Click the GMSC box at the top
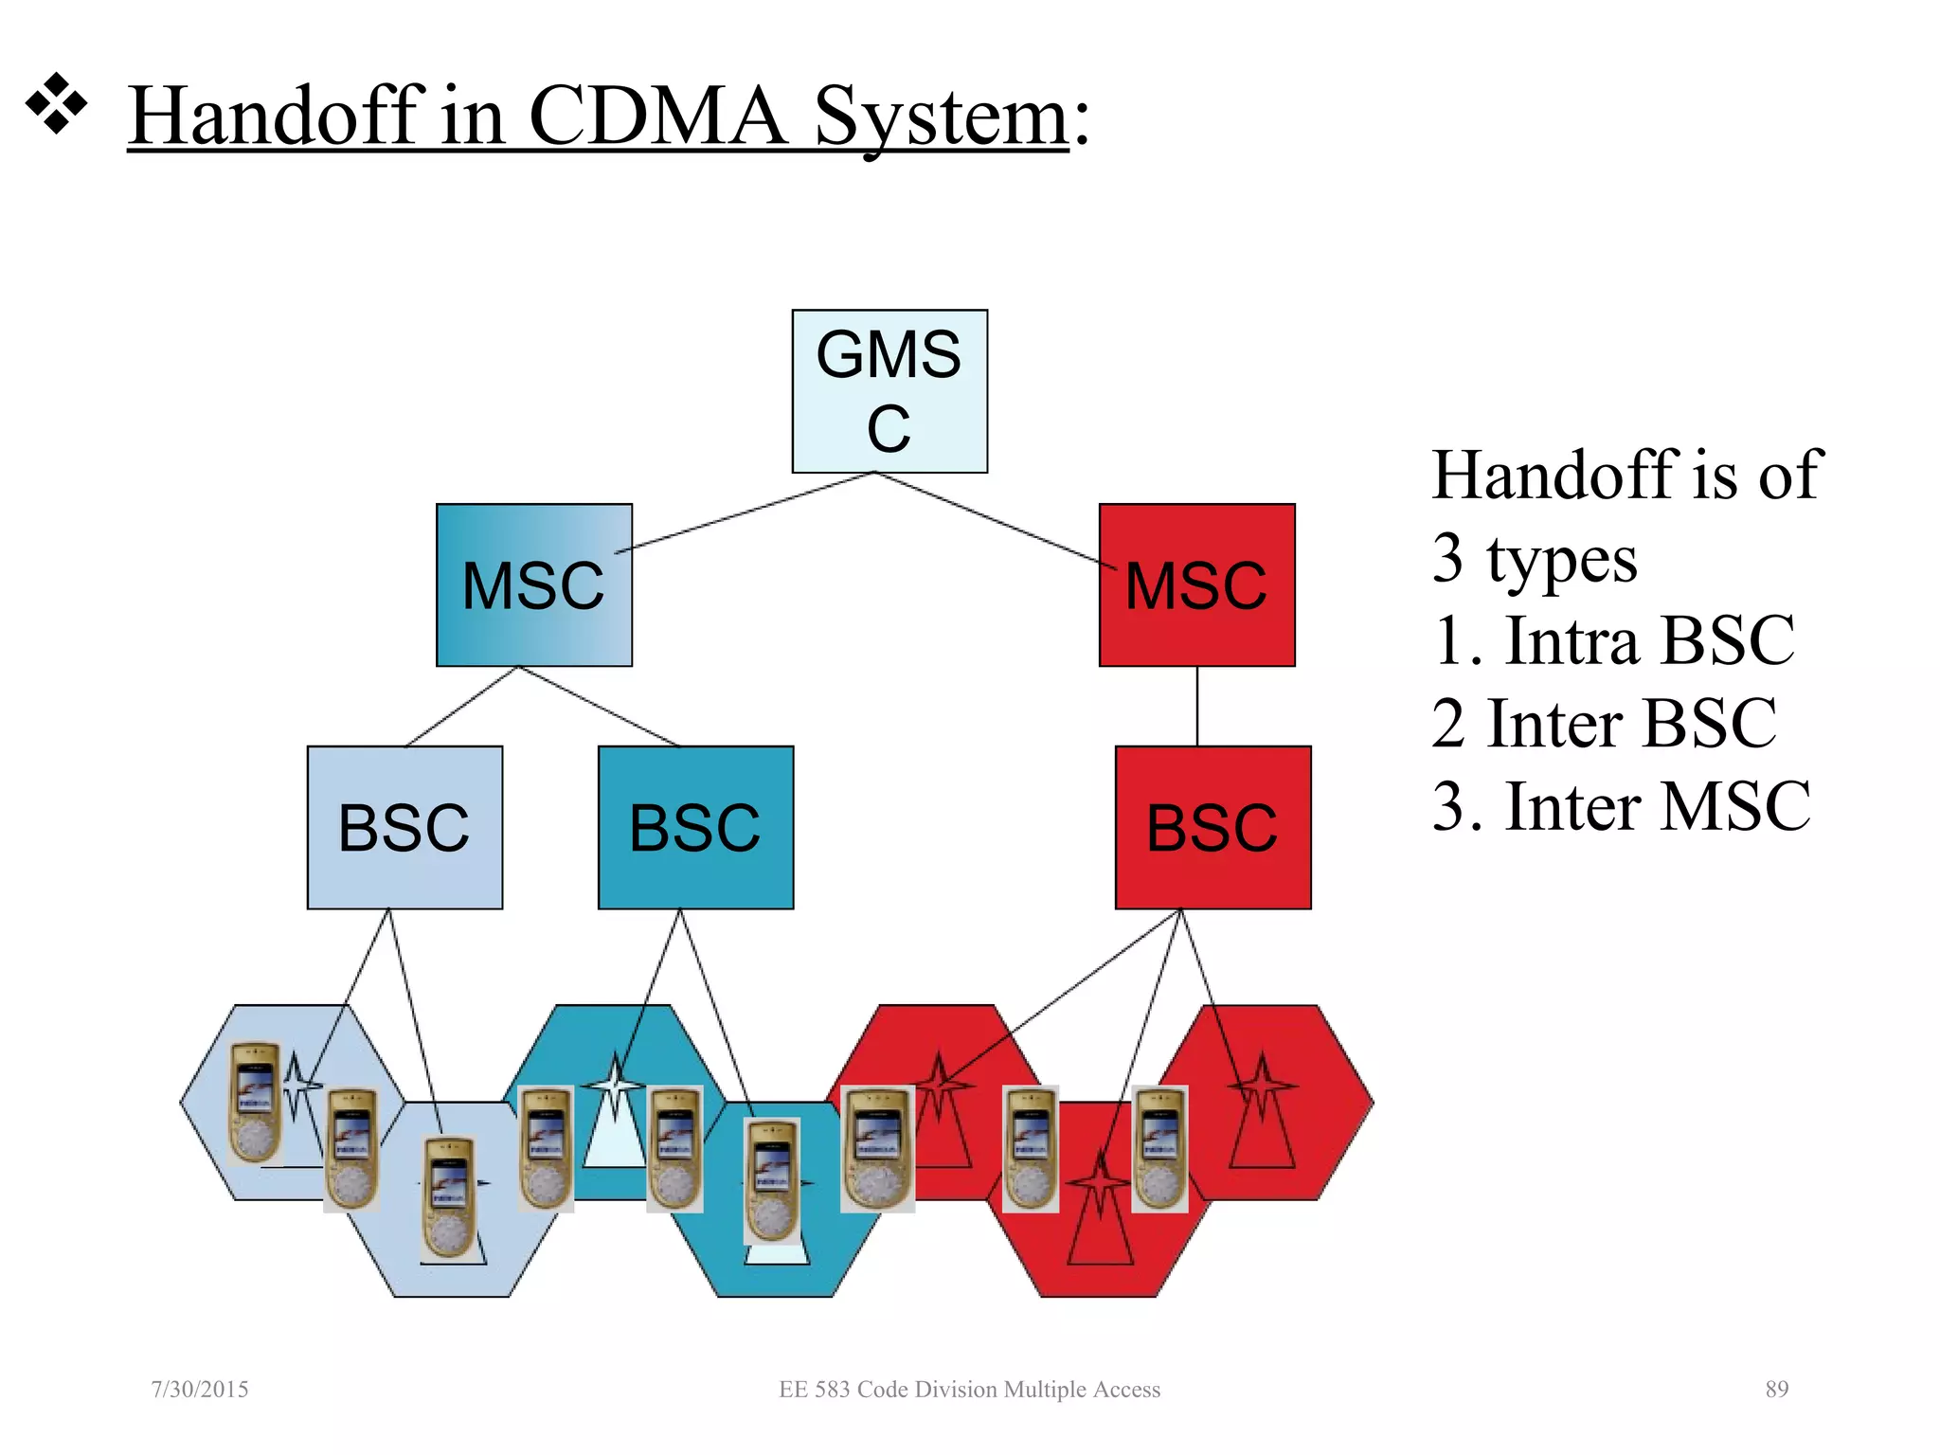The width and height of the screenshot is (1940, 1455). point(889,390)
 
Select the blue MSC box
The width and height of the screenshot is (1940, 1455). point(533,584)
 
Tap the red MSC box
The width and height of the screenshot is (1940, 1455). point(1196,584)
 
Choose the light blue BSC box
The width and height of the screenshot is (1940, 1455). point(404,827)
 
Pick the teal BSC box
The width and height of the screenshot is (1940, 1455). point(695,827)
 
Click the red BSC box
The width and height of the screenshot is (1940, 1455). point(1212,827)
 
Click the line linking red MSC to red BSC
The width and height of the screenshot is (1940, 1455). point(1197,706)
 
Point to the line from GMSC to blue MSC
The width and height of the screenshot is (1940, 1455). point(748,511)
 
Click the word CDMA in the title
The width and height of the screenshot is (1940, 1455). point(656,116)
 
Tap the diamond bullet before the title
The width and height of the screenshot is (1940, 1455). point(56,102)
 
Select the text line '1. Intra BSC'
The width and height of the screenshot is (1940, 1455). point(1613,641)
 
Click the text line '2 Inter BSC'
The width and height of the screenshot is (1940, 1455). point(1604,724)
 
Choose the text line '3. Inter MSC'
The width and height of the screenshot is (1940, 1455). point(1621,806)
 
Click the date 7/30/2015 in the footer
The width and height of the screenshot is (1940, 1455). point(200,1389)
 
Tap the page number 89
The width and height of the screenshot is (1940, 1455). point(1776,1389)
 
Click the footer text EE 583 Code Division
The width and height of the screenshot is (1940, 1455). point(969,1389)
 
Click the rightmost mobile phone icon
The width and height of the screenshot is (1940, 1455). point(1159,1148)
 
